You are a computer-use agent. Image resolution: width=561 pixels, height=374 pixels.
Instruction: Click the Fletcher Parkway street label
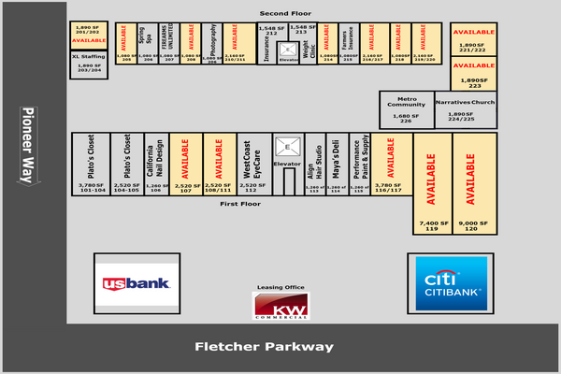(264, 347)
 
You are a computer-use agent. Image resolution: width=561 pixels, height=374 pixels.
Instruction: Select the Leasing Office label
(280, 287)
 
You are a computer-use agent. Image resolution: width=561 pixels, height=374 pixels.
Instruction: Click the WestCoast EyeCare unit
(251, 163)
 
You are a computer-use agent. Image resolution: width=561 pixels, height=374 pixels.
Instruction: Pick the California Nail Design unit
(155, 163)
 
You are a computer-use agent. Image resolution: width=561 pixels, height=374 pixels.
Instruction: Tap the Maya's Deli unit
(336, 163)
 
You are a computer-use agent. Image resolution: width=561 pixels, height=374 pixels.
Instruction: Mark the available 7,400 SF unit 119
(432, 182)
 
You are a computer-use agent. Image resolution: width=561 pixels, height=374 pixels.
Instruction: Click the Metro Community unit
(406, 108)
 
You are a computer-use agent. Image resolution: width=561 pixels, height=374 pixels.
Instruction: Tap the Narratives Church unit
(466, 108)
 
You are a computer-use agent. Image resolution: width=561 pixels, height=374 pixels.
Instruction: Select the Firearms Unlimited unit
(169, 43)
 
